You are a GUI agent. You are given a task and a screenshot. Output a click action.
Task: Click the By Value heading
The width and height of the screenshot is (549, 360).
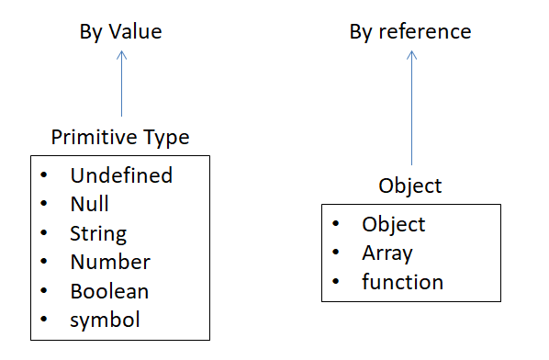click(120, 32)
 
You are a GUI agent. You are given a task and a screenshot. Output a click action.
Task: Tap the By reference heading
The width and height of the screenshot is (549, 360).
click(410, 32)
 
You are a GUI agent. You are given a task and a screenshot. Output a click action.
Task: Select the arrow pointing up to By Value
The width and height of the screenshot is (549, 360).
click(121, 83)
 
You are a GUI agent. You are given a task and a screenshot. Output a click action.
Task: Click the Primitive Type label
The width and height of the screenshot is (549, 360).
click(120, 138)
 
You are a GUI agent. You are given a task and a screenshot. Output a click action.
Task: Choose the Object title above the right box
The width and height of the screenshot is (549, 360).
click(410, 186)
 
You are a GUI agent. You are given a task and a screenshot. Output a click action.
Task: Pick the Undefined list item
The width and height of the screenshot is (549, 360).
click(121, 174)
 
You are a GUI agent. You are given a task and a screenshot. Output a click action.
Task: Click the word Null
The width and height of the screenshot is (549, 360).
click(90, 204)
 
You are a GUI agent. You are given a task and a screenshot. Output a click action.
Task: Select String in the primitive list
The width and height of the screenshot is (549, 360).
click(98, 233)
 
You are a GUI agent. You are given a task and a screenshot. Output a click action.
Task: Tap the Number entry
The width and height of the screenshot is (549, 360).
click(110, 262)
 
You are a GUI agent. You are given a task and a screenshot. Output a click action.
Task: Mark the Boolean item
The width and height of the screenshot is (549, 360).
click(109, 291)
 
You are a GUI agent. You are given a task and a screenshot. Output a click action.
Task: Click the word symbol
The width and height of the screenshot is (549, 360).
click(106, 321)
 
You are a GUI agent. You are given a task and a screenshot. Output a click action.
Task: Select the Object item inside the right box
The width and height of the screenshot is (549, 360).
click(393, 224)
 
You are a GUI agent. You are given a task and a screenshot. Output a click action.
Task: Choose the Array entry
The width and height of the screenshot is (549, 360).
click(387, 253)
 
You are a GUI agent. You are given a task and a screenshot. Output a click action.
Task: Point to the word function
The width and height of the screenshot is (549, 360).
click(402, 282)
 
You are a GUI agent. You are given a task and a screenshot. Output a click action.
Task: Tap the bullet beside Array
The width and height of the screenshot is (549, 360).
click(338, 253)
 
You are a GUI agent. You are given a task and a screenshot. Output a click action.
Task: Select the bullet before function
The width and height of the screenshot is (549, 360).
click(338, 282)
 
